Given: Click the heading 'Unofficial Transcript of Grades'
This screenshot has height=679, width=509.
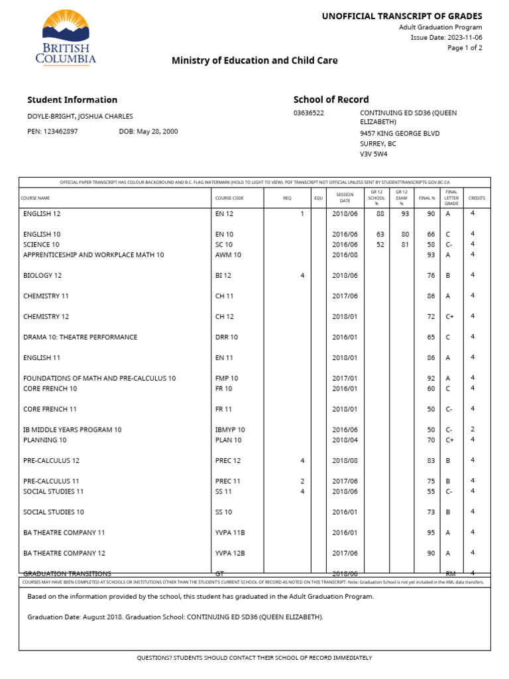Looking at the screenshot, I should coord(402,16).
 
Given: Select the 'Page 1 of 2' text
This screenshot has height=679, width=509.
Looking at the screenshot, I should coord(465,48).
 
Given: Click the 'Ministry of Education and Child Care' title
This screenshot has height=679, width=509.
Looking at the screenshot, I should coord(254,60).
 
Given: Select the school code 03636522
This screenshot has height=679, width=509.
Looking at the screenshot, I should coord(309,113).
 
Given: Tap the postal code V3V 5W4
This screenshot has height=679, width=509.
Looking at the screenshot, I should coord(374,154).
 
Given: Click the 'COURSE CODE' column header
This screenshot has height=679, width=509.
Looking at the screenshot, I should coord(229,198).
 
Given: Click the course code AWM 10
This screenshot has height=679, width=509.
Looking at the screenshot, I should coord(228,255).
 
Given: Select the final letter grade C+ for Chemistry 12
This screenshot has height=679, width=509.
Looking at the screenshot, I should coord(449,317).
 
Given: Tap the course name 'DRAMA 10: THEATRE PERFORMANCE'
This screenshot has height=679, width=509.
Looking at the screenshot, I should coord(80,338).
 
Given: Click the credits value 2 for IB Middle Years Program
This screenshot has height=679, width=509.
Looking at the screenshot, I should coord(473,430).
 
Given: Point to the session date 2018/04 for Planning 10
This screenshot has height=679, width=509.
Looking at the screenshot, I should coord(345,440).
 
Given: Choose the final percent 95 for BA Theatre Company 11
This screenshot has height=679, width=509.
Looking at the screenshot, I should coord(431,532).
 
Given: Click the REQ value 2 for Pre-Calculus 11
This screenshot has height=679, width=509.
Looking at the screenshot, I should coord(302,481).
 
